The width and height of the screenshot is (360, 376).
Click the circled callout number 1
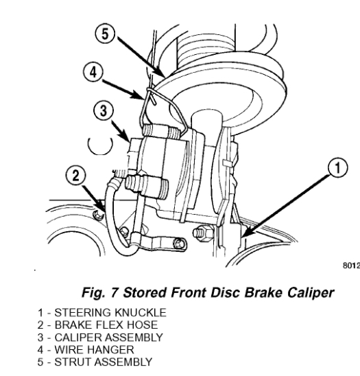tap(337, 167)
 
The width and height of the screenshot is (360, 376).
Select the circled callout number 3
tap(104, 111)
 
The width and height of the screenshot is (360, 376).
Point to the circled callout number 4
tap(93, 72)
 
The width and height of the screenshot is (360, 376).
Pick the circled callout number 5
tap(105, 34)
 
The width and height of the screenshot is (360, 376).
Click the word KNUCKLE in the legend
tap(141, 313)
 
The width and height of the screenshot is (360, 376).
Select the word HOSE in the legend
tap(142, 325)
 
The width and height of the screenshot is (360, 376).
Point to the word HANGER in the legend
tap(111, 350)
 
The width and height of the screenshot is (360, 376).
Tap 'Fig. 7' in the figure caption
tap(100, 292)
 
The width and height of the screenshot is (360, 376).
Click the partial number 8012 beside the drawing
tap(351, 266)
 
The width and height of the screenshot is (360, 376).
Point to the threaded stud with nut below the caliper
tap(202, 232)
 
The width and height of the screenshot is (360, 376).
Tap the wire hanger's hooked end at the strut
tap(154, 98)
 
